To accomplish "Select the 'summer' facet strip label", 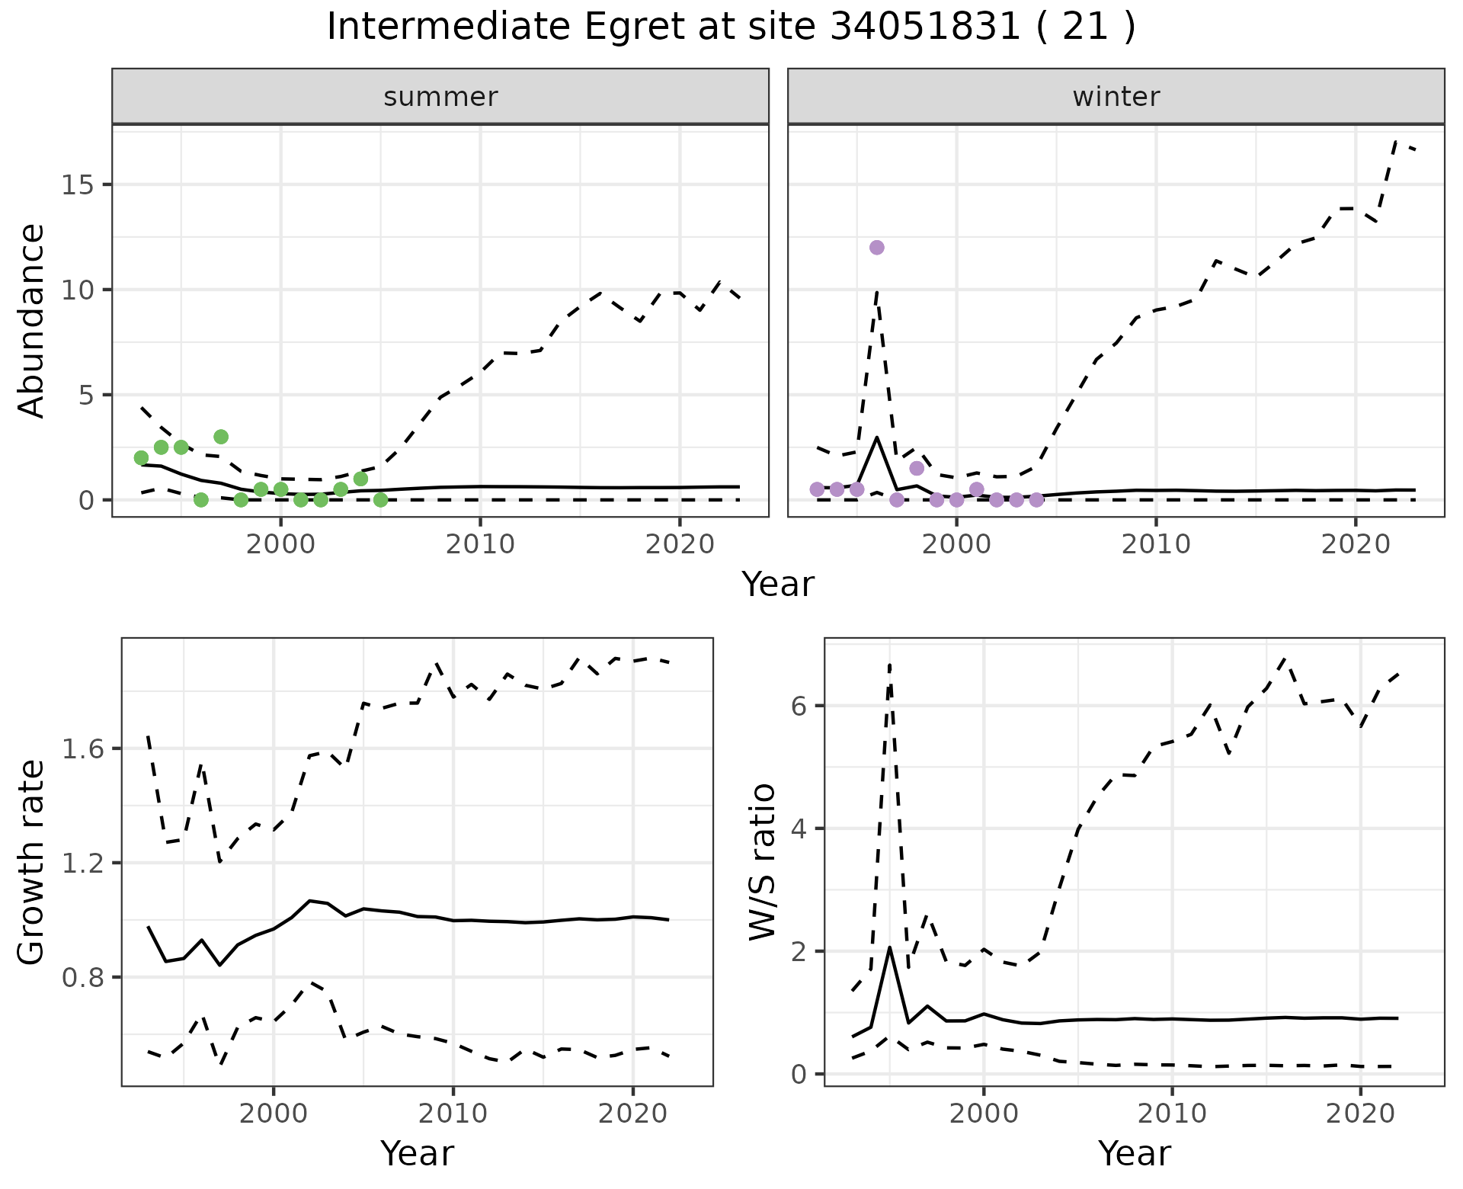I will [440, 97].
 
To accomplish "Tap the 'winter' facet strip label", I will [1116, 97].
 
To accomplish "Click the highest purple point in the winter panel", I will [877, 248].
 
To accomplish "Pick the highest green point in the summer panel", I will [221, 437].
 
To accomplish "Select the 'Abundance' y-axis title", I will [32, 321].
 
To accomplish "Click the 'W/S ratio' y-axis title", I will [762, 861].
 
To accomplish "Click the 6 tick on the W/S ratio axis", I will [799, 706].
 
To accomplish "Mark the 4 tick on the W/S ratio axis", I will [799, 829].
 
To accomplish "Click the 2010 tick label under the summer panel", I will [480, 544].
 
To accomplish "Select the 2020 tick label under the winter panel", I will [1355, 544].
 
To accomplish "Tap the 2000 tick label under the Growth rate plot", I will [274, 1114].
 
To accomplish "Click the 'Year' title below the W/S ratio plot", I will [1134, 1153].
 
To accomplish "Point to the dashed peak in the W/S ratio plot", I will [889, 665].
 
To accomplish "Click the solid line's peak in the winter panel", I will [877, 437].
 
